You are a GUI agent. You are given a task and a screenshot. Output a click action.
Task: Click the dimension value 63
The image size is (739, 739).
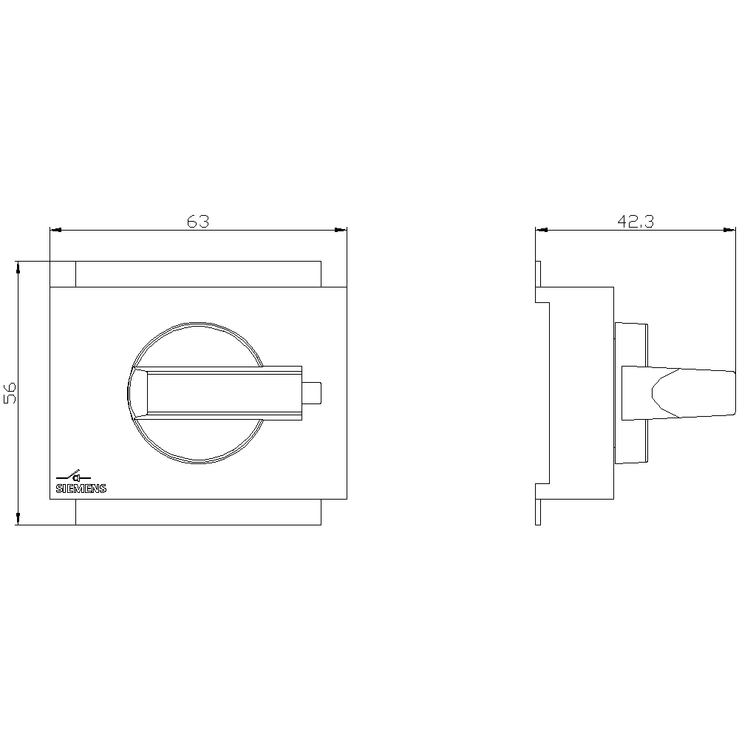click(x=198, y=221)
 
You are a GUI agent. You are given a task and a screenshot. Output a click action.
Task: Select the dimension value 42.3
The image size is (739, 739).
click(x=636, y=221)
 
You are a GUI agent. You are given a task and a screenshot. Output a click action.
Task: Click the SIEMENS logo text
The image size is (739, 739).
click(x=81, y=488)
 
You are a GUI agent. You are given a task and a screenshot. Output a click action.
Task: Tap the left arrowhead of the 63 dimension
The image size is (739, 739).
click(x=55, y=230)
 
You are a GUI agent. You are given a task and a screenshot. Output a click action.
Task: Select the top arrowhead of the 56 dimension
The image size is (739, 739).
click(x=18, y=267)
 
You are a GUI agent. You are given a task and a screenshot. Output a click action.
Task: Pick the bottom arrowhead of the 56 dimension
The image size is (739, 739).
click(x=18, y=519)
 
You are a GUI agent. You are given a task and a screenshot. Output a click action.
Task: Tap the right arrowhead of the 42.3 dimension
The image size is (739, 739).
click(x=730, y=230)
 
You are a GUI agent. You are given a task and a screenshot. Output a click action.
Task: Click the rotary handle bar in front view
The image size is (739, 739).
click(x=222, y=392)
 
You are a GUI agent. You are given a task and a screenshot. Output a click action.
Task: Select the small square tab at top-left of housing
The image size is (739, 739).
click(x=62, y=273)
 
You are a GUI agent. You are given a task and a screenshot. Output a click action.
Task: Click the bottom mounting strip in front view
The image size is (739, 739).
click(x=198, y=512)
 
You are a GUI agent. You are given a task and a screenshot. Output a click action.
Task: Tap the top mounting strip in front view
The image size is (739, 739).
click(x=198, y=273)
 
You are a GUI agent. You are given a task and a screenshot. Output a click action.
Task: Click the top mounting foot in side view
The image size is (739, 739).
click(x=539, y=281)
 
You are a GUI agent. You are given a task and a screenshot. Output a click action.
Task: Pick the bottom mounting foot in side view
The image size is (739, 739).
click(x=539, y=504)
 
